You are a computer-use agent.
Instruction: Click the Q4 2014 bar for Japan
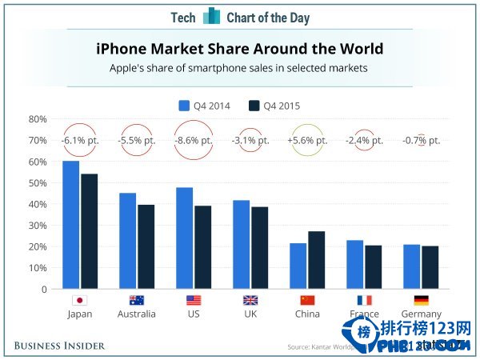pyautogui.click(x=70, y=225)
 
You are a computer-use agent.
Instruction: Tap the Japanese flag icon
pyautogui.click(x=79, y=301)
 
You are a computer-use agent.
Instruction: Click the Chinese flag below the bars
pyautogui.click(x=307, y=301)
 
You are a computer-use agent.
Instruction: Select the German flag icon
pyautogui.click(x=421, y=301)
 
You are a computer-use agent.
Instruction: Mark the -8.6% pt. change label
pyautogui.click(x=193, y=140)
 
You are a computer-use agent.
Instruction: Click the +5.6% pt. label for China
pyautogui.click(x=307, y=140)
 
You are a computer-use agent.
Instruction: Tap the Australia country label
pyautogui.click(x=136, y=314)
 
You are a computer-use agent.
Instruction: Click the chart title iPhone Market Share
pyautogui.click(x=239, y=50)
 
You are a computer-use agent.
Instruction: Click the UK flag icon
pyautogui.click(x=250, y=301)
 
